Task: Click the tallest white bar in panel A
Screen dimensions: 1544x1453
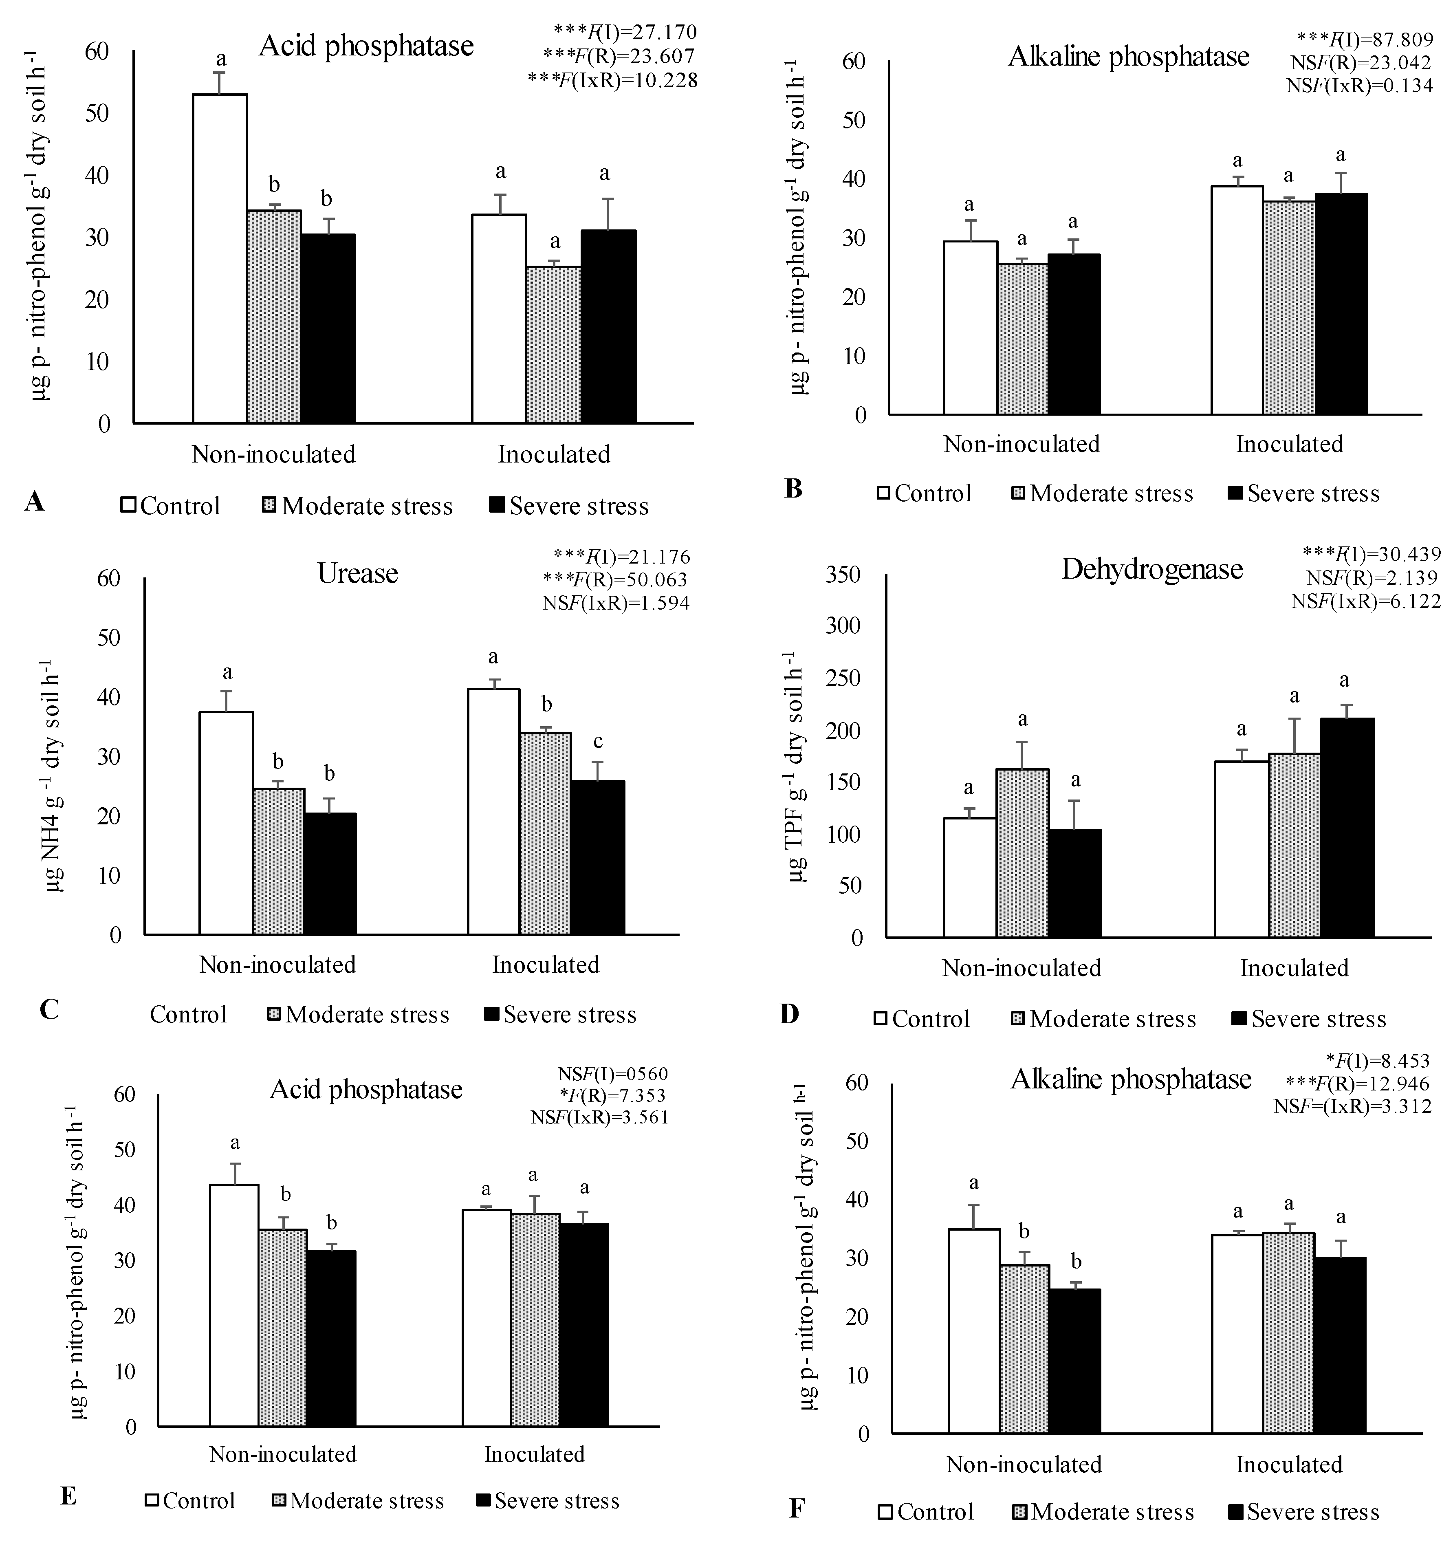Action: coord(220,259)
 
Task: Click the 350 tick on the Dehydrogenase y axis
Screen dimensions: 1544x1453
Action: coord(846,575)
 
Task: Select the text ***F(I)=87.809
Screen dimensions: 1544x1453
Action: coord(1364,37)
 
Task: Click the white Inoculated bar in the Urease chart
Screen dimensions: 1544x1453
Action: coord(493,811)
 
